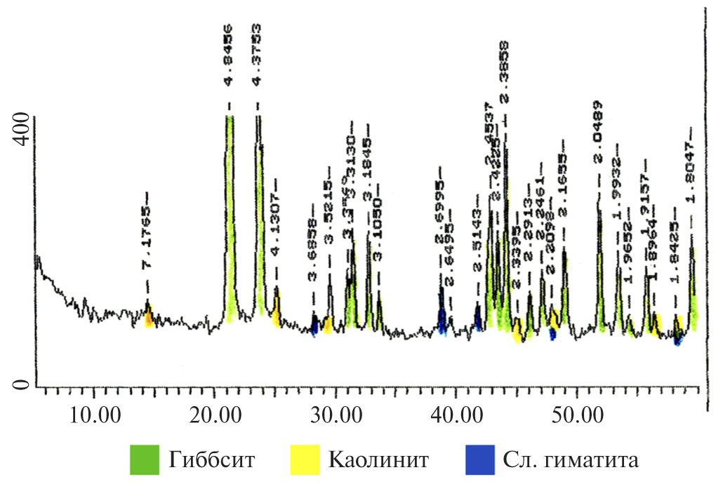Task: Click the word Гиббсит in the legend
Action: coord(211,461)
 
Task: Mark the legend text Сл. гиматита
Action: coord(571,461)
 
